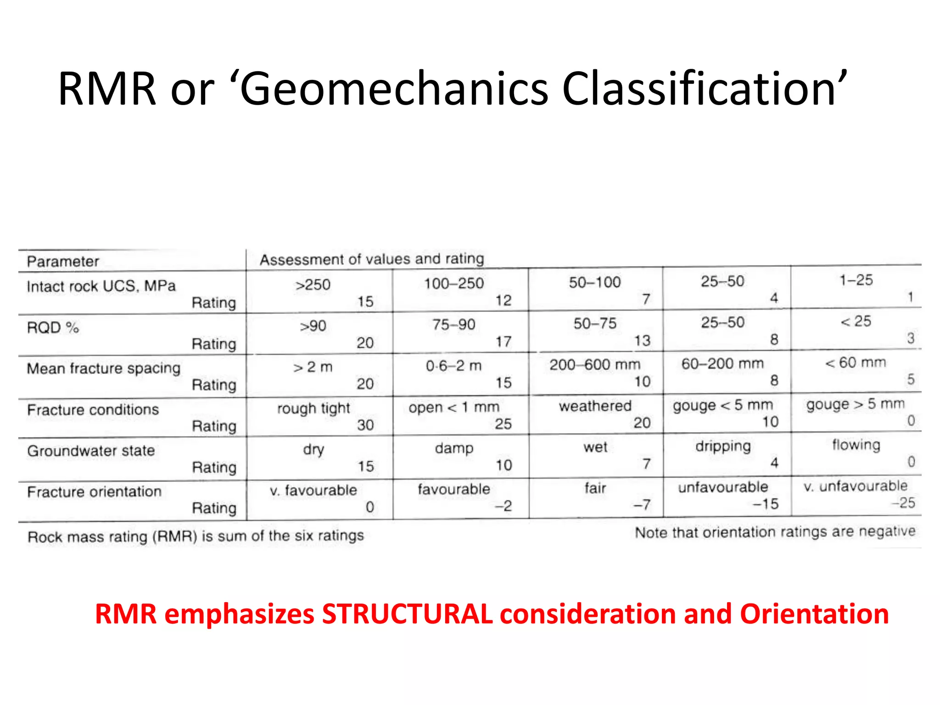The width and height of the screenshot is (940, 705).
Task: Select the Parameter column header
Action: tap(63, 261)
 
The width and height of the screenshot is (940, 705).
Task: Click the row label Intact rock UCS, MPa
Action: tap(101, 286)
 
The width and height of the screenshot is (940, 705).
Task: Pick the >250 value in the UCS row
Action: tap(313, 285)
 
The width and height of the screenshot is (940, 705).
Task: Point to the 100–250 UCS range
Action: tap(453, 284)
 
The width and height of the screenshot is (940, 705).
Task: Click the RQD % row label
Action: tap(53, 328)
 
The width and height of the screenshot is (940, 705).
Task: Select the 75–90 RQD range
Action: tap(453, 325)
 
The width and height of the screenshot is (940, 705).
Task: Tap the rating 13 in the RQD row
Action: tap(642, 341)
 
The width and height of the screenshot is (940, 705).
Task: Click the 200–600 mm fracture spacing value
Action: tap(594, 365)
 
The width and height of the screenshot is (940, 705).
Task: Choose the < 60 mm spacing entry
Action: tap(855, 363)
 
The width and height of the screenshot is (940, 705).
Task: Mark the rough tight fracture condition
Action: tap(313, 408)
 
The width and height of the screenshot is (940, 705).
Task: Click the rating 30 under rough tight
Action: tap(365, 425)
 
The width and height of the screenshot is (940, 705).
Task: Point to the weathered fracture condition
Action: tap(595, 406)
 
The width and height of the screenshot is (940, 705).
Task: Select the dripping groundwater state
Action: tap(723, 446)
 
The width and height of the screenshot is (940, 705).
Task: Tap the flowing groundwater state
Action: tap(856, 445)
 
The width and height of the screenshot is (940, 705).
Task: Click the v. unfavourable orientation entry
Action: tap(855, 486)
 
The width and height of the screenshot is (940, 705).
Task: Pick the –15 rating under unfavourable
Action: tap(766, 504)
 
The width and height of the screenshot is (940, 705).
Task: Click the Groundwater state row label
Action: tap(91, 451)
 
